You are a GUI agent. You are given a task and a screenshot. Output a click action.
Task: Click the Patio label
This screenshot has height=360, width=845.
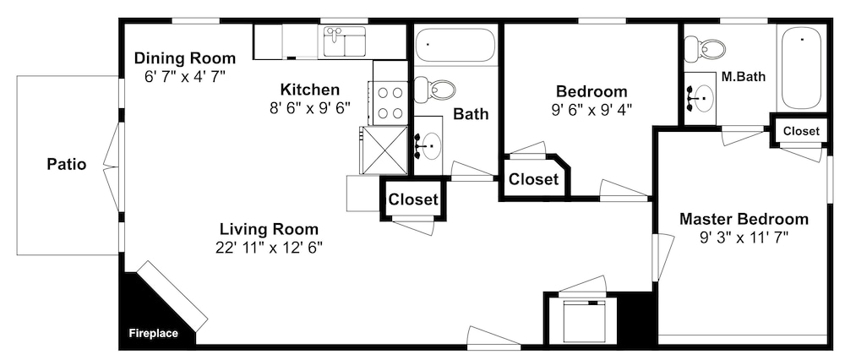coord(66,164)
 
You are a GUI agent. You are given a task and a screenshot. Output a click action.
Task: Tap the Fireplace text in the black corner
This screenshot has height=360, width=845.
coord(154,334)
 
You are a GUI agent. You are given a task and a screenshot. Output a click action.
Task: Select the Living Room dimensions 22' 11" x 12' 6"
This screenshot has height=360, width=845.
coord(269,247)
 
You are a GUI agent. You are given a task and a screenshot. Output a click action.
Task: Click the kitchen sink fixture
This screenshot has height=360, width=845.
coord(345,42)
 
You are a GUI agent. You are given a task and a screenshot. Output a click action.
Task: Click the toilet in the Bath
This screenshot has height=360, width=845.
coord(434,90)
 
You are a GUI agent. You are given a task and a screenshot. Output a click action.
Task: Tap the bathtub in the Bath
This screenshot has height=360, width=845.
coord(455,45)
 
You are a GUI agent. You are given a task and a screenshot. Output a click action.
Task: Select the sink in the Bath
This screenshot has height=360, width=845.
coord(429,145)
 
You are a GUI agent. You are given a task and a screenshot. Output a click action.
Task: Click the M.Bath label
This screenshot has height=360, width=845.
coord(743,77)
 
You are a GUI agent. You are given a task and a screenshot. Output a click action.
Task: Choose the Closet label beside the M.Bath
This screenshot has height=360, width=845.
coord(801,131)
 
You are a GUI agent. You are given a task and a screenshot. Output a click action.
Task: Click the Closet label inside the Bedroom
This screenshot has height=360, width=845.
coord(533,179)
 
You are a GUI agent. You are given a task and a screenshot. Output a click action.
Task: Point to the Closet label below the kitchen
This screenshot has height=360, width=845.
coord(413,199)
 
